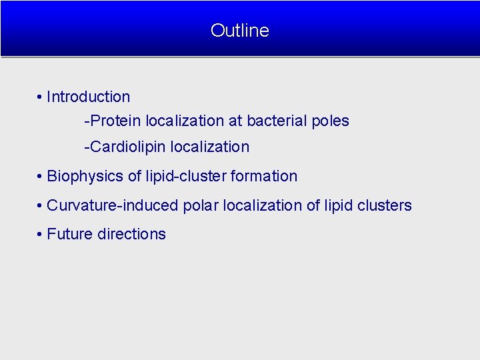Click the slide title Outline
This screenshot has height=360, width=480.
point(239,31)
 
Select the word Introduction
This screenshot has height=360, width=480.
point(88,97)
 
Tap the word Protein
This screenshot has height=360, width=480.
point(116,121)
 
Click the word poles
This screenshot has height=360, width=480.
point(331,121)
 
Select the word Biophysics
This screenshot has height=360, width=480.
point(85,177)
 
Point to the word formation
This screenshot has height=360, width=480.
point(264,177)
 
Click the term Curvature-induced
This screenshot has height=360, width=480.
point(113,206)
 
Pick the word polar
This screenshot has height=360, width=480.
point(201,206)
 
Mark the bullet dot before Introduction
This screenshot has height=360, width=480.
point(41,97)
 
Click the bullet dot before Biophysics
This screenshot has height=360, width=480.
point(41,177)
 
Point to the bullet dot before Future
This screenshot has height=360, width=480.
point(41,235)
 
